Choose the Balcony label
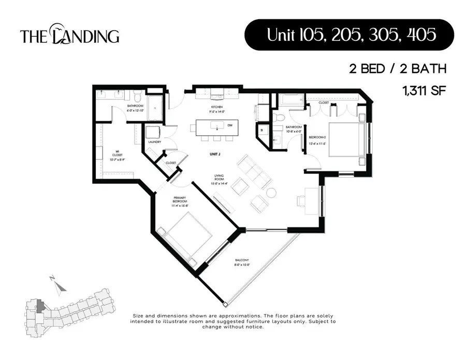coord(242,262)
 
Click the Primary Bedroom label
coord(180,203)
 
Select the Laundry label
coord(154,142)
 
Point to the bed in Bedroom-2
coord(342,140)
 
